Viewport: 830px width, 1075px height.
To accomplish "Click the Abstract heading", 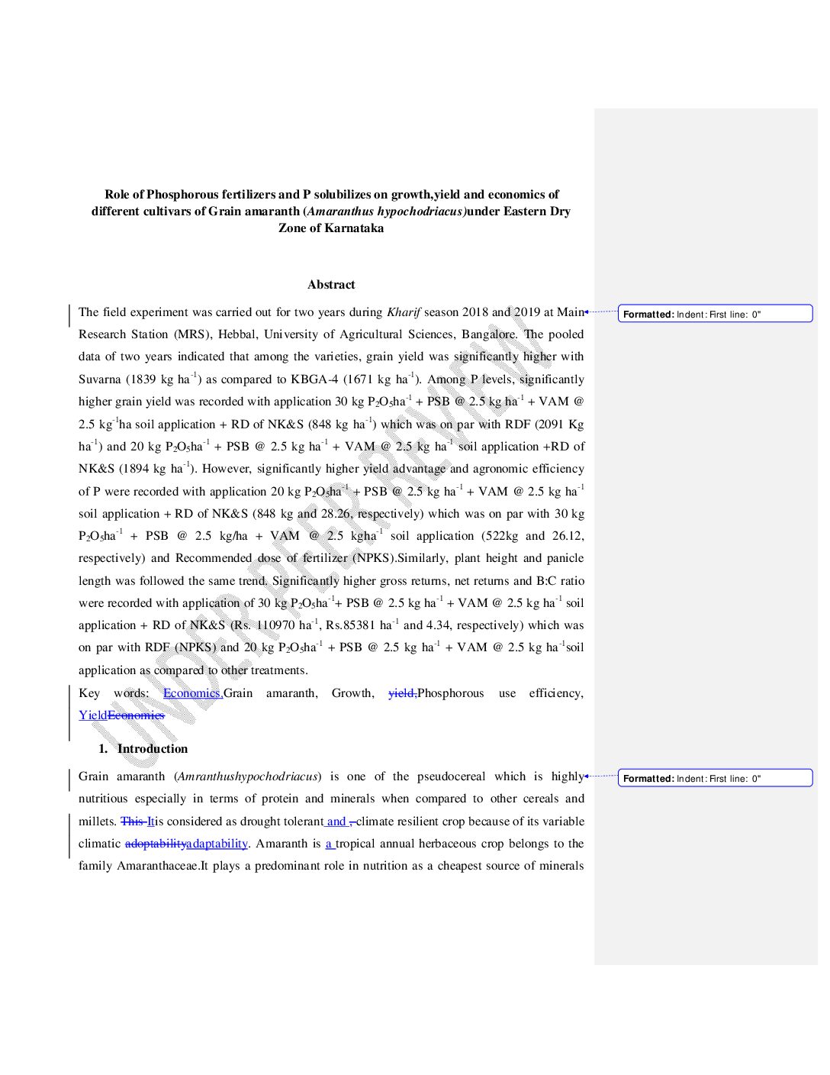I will (331, 285).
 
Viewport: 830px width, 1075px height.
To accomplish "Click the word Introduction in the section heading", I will (152, 749).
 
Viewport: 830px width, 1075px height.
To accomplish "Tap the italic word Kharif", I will (404, 312).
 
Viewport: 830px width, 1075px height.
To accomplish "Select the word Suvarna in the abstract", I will (100, 379).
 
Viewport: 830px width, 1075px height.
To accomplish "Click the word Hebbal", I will (236, 334).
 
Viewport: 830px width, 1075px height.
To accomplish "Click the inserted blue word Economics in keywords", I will (191, 693).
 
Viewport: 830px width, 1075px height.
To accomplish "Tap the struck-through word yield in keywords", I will (401, 693).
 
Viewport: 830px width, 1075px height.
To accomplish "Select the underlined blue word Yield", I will (92, 715).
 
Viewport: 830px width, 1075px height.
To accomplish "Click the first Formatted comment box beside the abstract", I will (715, 314).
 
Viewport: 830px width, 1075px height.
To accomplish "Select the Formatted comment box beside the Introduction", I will (715, 778).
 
